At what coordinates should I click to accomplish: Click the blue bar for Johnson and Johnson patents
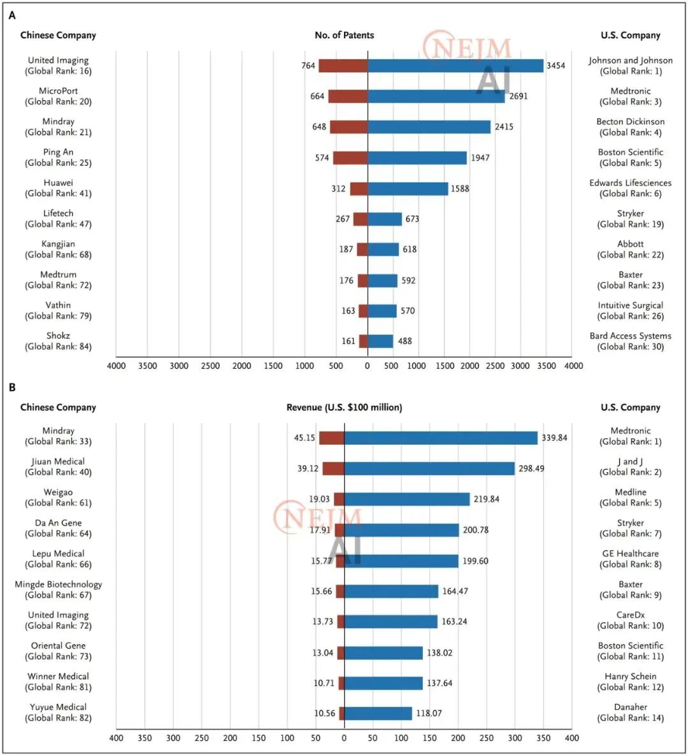pyautogui.click(x=455, y=66)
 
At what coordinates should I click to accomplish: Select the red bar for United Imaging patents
pyautogui.click(x=343, y=66)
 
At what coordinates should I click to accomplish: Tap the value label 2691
pyautogui.click(x=519, y=96)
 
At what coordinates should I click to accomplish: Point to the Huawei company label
pyautogui.click(x=58, y=188)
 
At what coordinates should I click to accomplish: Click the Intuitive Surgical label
pyautogui.click(x=630, y=311)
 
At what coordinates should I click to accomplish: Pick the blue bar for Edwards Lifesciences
pyautogui.click(x=408, y=189)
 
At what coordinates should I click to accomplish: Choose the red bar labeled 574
pyautogui.click(x=350, y=158)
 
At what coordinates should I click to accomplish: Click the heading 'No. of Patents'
pyautogui.click(x=344, y=35)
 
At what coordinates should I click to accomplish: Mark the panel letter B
pyautogui.click(x=12, y=387)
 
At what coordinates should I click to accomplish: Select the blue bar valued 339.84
pyautogui.click(x=441, y=438)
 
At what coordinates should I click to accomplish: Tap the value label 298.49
pyautogui.click(x=531, y=468)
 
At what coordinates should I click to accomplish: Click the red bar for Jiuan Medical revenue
pyautogui.click(x=333, y=469)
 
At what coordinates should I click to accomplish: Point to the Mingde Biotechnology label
pyautogui.click(x=58, y=589)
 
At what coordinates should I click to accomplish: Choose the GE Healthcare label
pyautogui.click(x=630, y=559)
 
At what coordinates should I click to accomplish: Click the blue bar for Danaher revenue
pyautogui.click(x=378, y=714)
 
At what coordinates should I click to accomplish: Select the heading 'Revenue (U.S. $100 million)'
pyautogui.click(x=344, y=407)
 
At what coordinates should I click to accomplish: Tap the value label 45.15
pyautogui.click(x=305, y=438)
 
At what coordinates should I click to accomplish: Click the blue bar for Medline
pyautogui.click(x=407, y=500)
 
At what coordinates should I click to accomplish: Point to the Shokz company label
pyautogui.click(x=58, y=341)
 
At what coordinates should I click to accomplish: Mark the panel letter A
pyautogui.click(x=12, y=15)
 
